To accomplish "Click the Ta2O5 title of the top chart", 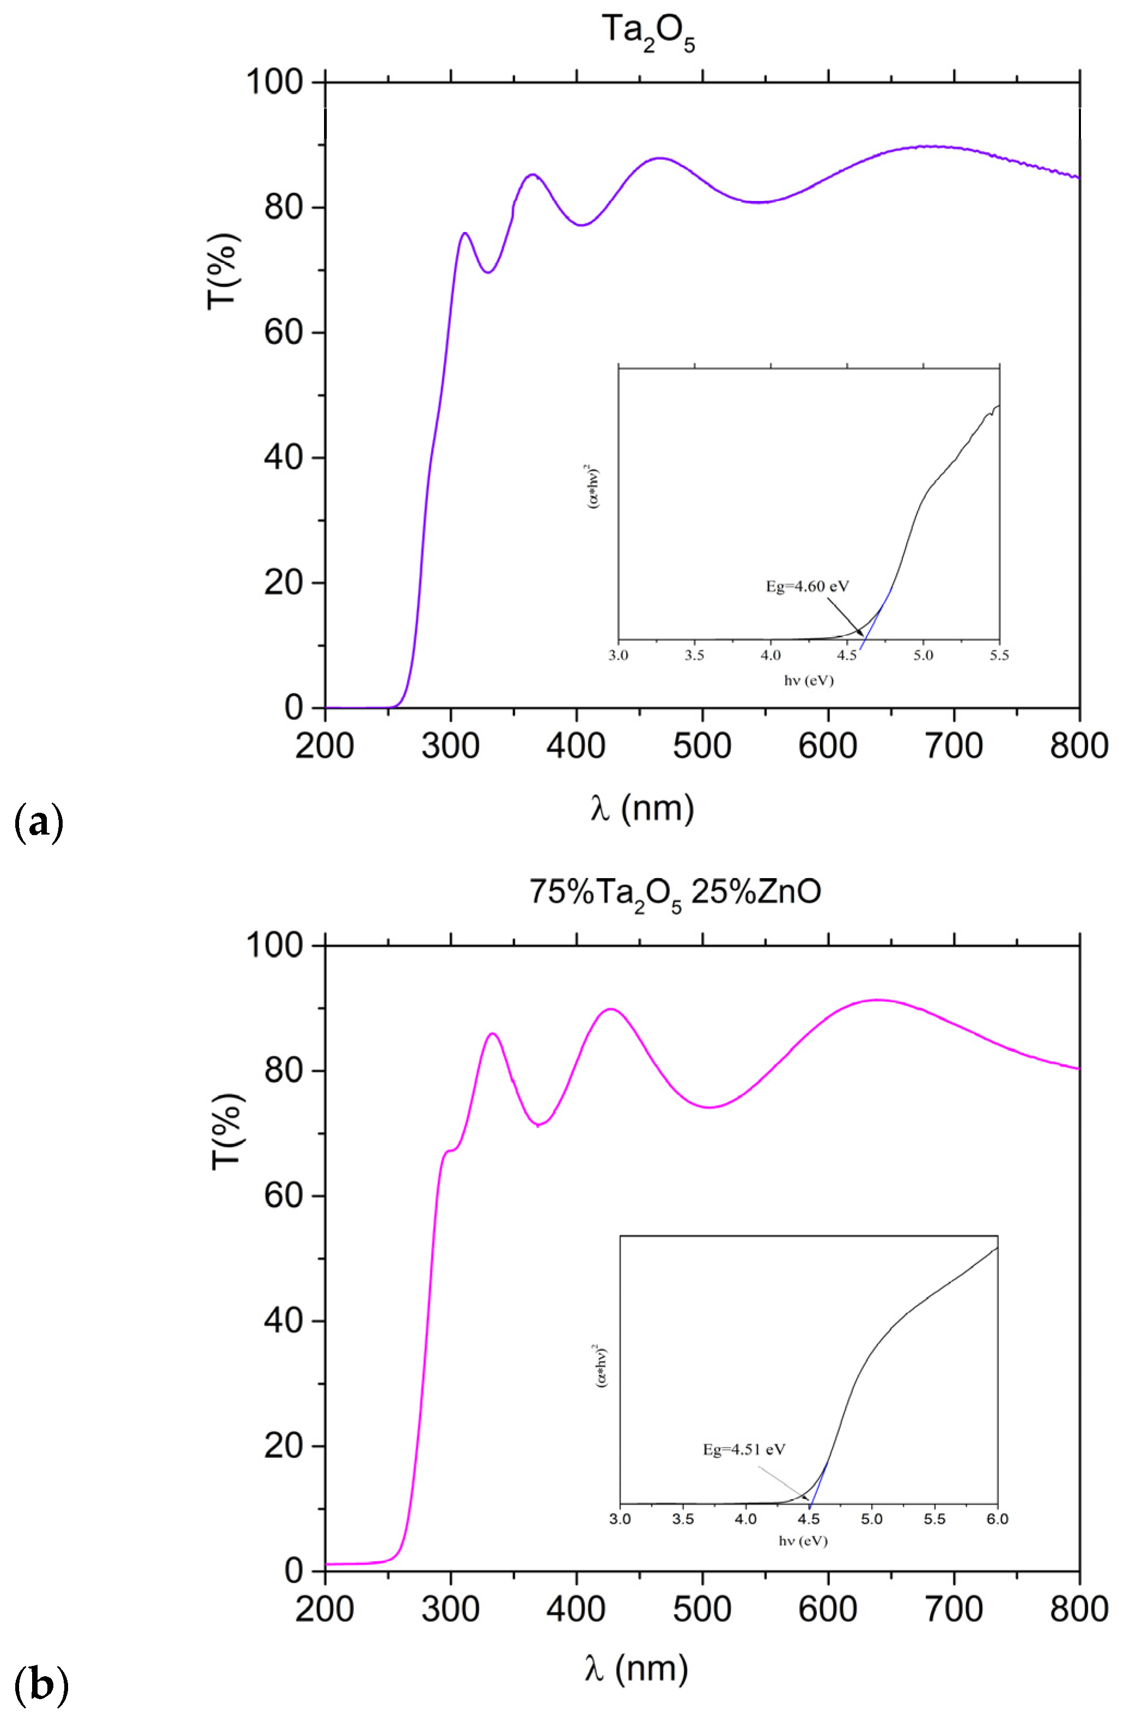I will pyautogui.click(x=648, y=33).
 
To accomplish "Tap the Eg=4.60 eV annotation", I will pyautogui.click(x=807, y=586).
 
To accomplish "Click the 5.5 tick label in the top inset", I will pyautogui.click(x=999, y=655).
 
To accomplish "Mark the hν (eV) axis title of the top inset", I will pyautogui.click(x=808, y=680).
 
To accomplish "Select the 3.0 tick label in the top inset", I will pyautogui.click(x=619, y=655).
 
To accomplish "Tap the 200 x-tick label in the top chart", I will pyautogui.click(x=325, y=745).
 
